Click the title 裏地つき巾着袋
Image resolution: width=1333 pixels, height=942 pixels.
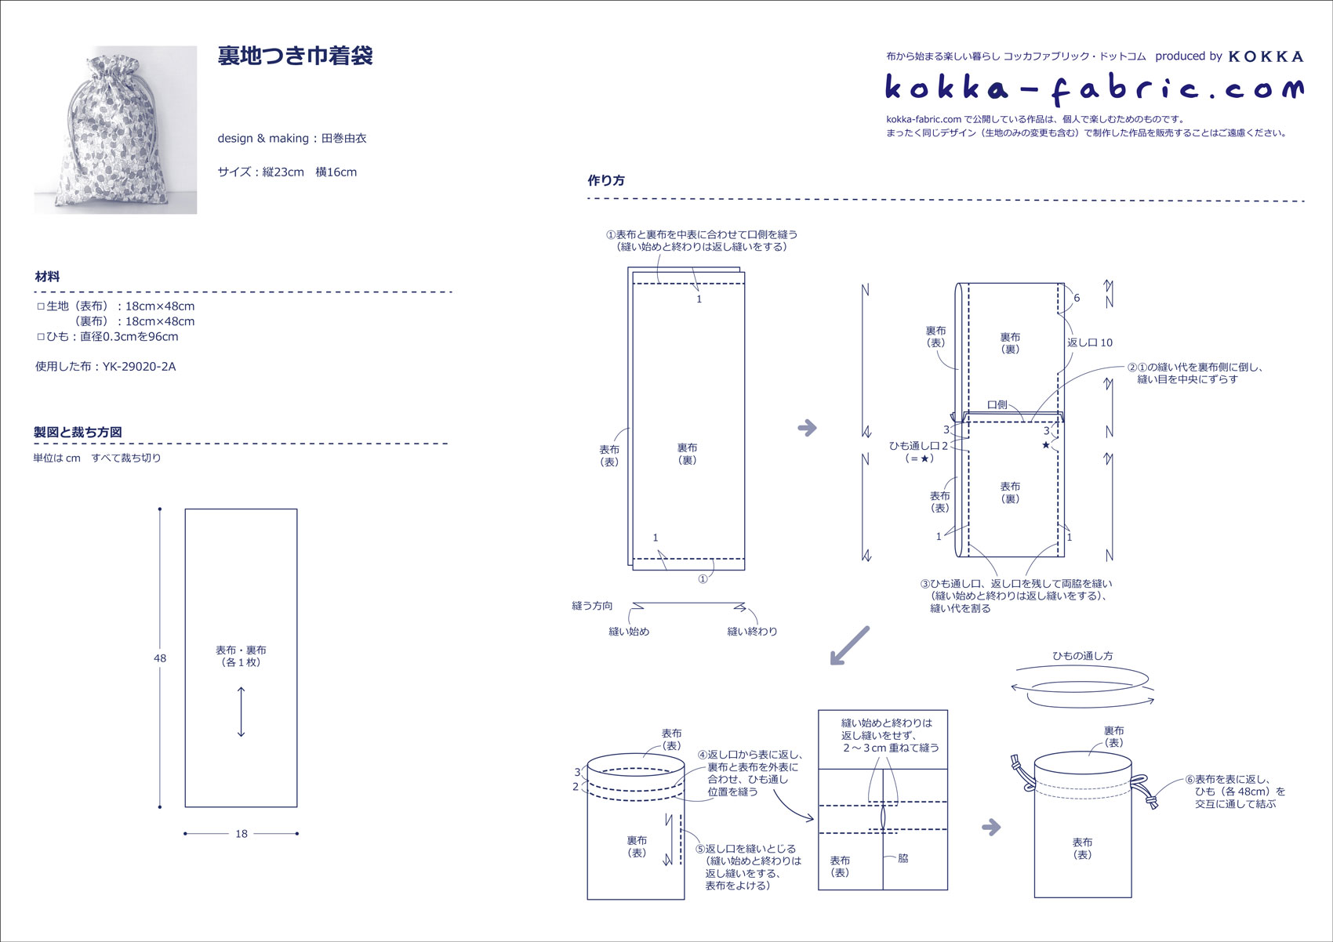295,56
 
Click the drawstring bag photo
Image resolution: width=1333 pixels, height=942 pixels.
115,129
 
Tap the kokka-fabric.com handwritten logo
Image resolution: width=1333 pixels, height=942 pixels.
1095,88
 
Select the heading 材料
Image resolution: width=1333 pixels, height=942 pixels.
47,277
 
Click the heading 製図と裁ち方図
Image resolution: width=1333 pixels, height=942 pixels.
78,432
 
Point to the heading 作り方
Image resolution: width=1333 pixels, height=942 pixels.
606,180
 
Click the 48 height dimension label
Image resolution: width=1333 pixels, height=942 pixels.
160,658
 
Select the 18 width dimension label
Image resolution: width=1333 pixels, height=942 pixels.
242,834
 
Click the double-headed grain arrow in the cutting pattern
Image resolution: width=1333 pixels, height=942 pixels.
241,712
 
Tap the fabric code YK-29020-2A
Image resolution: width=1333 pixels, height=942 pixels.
139,367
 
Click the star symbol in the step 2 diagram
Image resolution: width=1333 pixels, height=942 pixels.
1046,445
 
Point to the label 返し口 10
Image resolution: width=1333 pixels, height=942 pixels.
1090,342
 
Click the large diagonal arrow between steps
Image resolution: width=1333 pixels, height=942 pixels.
850,645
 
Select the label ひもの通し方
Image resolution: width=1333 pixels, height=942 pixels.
1082,656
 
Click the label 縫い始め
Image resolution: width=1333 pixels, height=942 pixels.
629,632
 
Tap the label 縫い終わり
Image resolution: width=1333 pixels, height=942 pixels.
752,632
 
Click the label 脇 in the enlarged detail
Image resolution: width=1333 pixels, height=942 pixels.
903,858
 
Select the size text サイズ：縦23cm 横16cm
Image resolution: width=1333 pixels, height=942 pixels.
287,172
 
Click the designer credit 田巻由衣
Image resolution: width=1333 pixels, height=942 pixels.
344,139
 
